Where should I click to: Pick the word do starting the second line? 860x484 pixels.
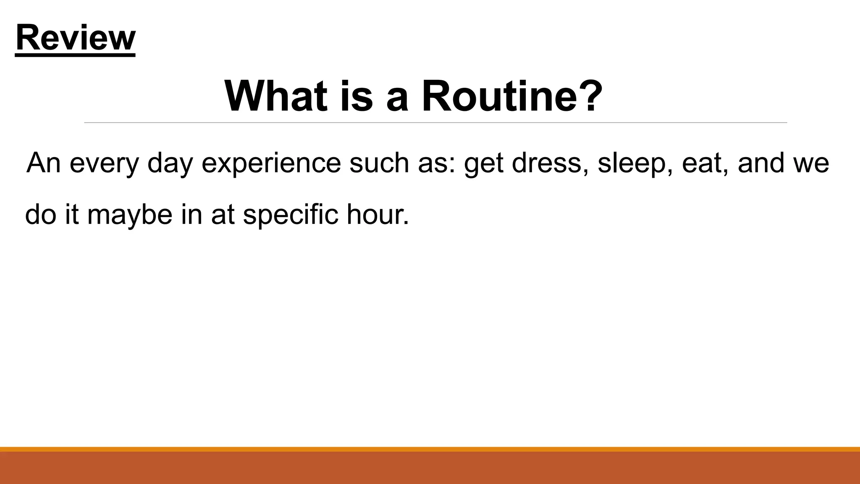click(x=41, y=214)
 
